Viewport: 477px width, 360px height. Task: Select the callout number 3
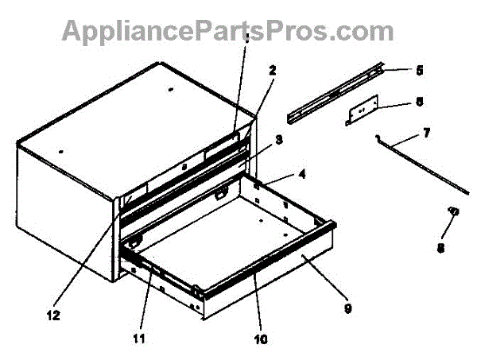(x=278, y=140)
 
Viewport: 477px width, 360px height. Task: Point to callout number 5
(x=418, y=70)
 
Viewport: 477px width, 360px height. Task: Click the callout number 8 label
(x=440, y=248)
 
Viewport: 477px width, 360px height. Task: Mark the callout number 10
(x=262, y=340)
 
